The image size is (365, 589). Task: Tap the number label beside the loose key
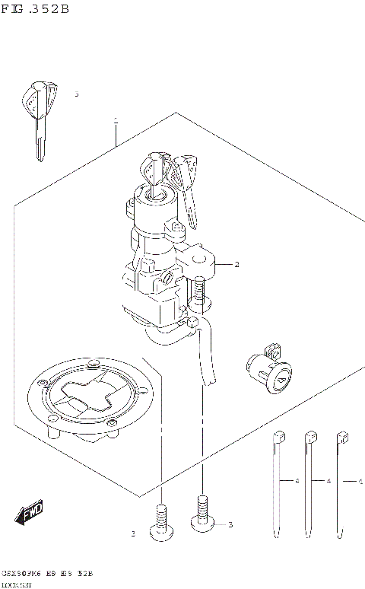[x=76, y=94]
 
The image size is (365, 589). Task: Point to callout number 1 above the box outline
[x=116, y=120]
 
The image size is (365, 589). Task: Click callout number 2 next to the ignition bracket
[x=236, y=265]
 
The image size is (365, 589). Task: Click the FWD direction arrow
[x=30, y=514]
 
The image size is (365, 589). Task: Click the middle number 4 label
[x=328, y=482]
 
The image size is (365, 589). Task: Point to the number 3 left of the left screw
[x=132, y=534]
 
